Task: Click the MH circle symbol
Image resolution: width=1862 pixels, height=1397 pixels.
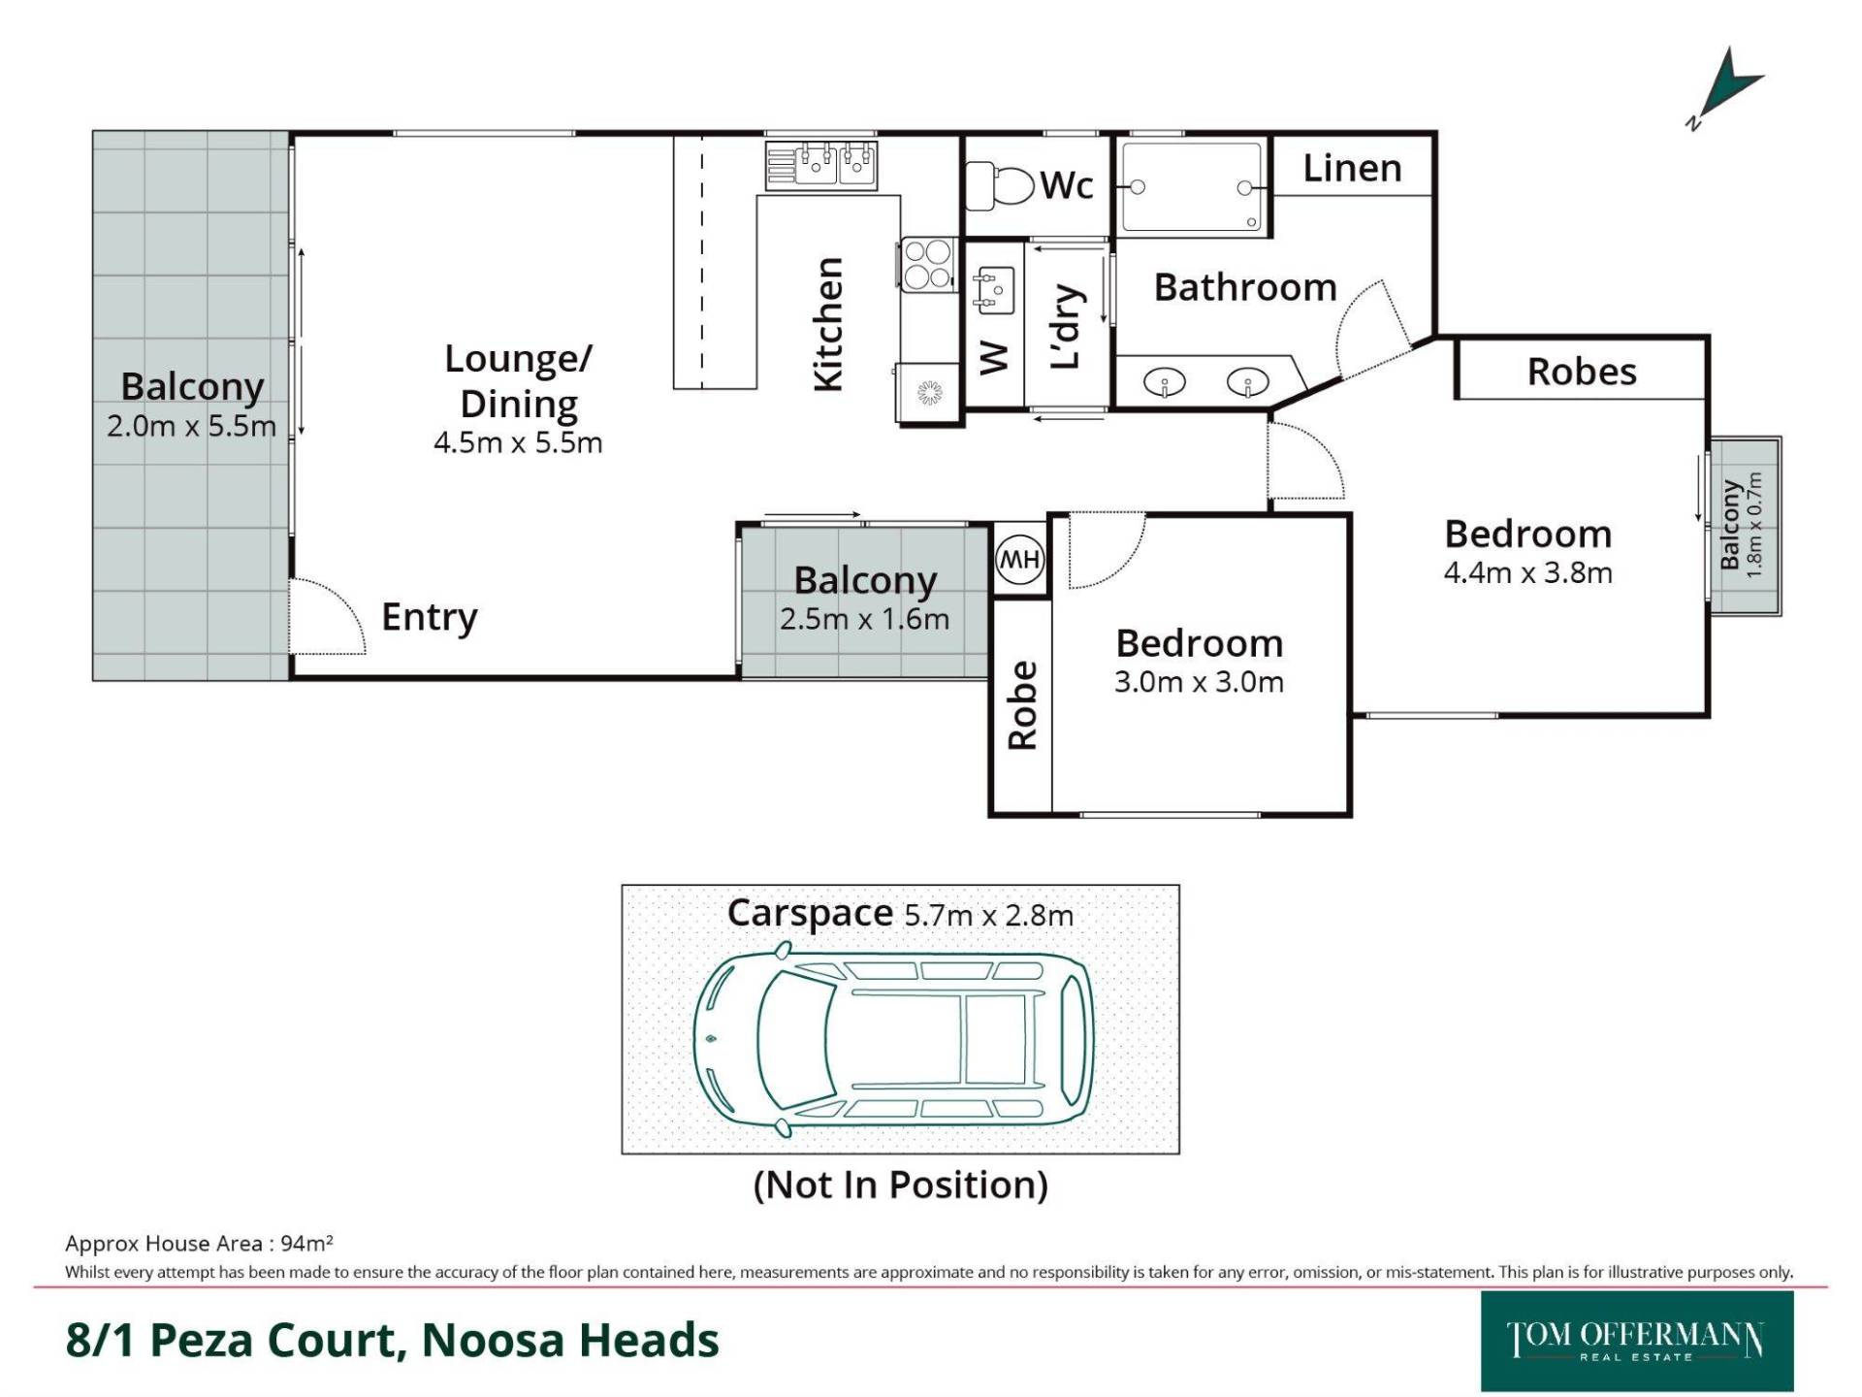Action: (1019, 560)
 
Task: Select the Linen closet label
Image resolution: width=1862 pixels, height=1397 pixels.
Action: (1352, 169)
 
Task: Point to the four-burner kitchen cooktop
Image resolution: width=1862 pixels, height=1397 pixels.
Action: (925, 265)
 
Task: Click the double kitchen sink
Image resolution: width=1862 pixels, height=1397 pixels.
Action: (821, 164)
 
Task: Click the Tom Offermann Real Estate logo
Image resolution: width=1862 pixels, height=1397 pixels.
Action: (1637, 1341)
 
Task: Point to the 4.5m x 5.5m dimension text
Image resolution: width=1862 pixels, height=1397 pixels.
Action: (518, 443)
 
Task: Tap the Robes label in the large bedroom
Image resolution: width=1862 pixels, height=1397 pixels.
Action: (1582, 372)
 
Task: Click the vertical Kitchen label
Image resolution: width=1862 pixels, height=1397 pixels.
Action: (827, 324)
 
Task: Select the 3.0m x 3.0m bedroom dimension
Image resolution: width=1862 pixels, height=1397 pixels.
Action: (1199, 682)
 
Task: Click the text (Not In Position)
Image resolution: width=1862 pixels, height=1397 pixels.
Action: (901, 1185)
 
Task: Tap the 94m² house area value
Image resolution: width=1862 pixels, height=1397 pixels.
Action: (306, 1243)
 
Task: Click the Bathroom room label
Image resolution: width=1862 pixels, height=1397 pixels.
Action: (1245, 287)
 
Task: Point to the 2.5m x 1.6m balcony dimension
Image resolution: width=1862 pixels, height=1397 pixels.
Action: (864, 619)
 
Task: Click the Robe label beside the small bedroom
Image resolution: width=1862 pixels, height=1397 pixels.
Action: (1022, 705)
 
